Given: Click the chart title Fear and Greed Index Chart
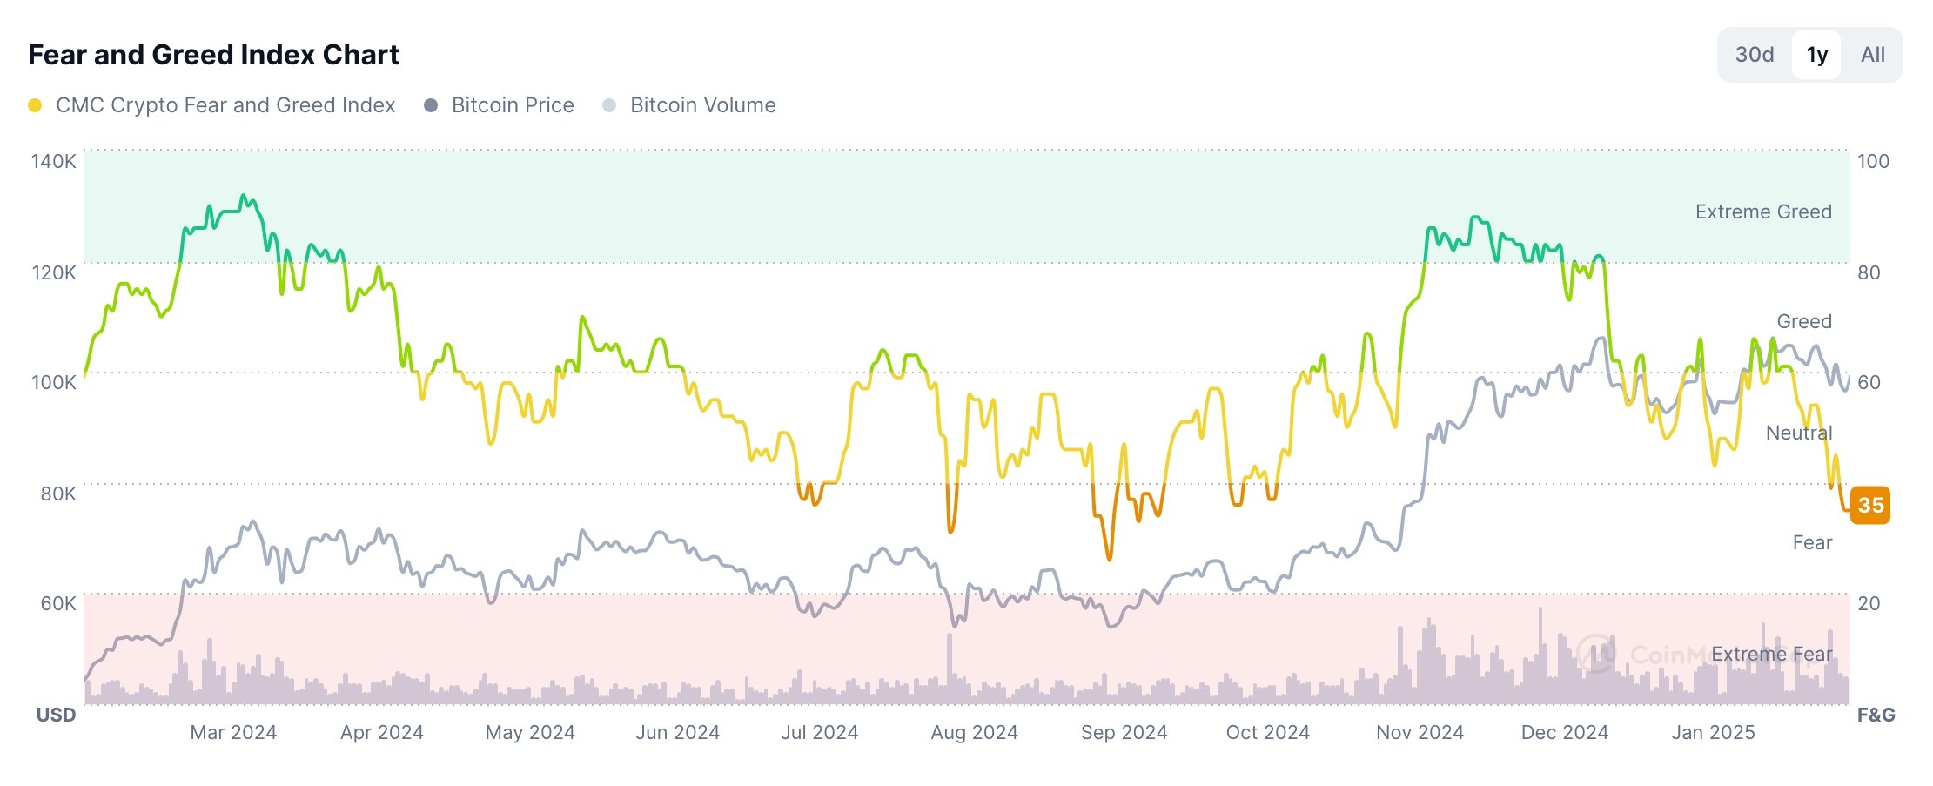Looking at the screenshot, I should point(213,55).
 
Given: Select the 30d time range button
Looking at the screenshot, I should point(1754,55).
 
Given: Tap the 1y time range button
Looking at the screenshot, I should point(1816,55).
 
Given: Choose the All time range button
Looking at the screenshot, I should point(1872,55).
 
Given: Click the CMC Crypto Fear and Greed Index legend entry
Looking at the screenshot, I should point(225,105).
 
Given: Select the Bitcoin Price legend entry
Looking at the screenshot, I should point(512,105).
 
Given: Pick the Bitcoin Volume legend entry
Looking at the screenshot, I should point(702,105).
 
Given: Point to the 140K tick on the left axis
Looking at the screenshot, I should point(54,161).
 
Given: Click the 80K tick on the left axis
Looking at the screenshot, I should point(57,494).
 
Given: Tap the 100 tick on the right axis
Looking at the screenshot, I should point(1873,161).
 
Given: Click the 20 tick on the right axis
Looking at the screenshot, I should point(1869,603).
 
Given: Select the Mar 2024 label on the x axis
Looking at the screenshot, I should point(233,732).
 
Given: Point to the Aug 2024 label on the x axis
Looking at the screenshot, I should point(974,732).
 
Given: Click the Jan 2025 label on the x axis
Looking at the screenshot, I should point(1713,732).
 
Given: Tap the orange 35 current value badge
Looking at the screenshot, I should point(1869,505).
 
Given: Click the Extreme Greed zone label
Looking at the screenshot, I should point(1763,212).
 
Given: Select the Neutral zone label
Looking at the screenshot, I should point(1799,433).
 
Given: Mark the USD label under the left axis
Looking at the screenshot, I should point(56,715).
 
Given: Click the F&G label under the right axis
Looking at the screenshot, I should point(1876,715).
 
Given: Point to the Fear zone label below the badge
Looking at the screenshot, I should point(1812,542).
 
